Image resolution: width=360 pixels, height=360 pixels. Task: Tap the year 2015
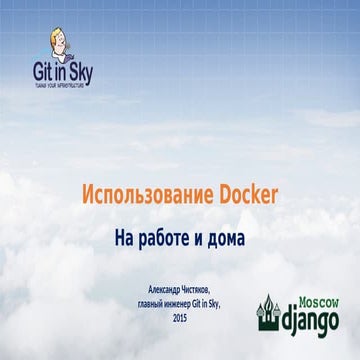(180, 317)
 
